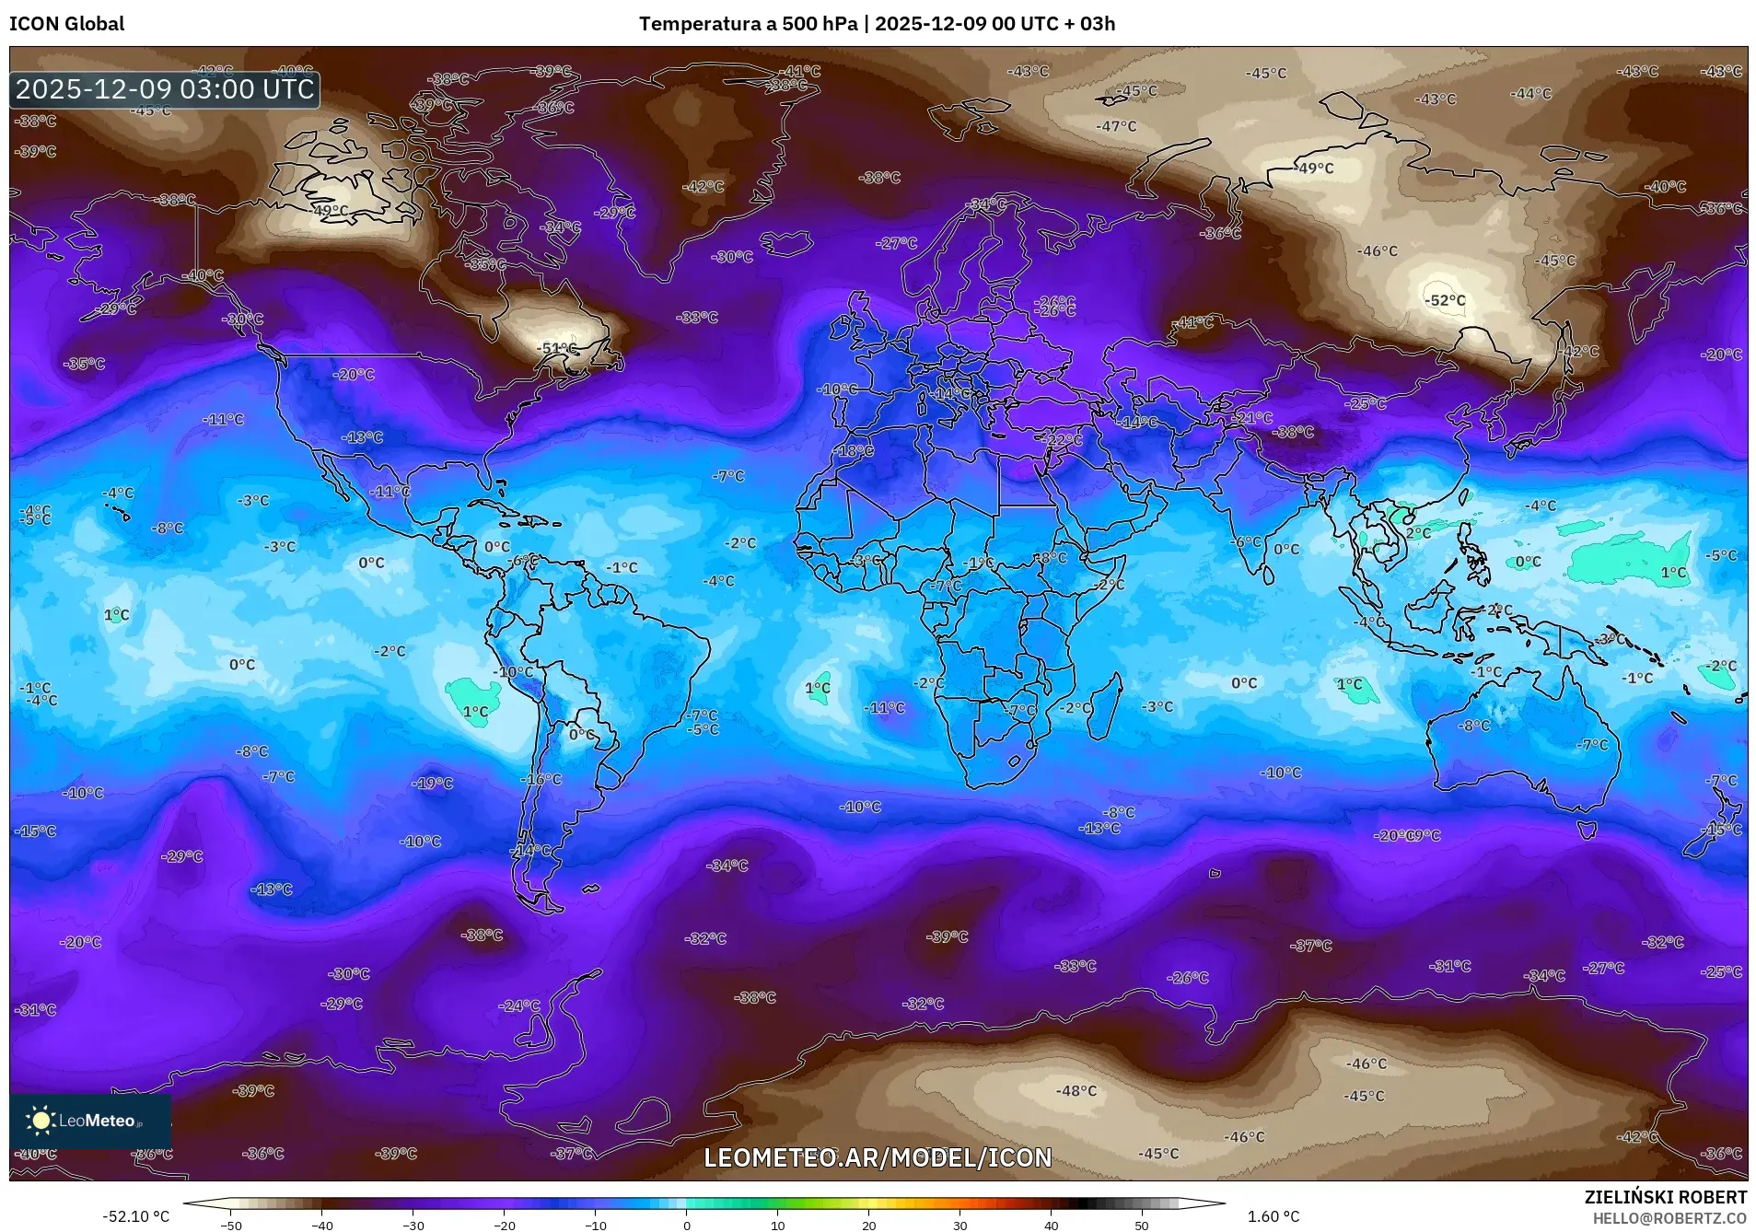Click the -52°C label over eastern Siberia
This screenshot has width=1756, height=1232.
click(1445, 300)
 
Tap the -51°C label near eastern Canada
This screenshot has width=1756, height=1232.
click(558, 349)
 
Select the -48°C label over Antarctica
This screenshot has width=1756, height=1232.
click(1076, 1090)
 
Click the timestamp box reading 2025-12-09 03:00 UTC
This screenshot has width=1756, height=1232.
click(165, 89)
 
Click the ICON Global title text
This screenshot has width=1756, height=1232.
click(66, 24)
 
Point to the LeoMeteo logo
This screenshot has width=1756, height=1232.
click(89, 1121)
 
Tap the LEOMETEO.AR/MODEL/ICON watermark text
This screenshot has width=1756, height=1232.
click(877, 1157)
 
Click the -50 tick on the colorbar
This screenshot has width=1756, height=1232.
click(231, 1225)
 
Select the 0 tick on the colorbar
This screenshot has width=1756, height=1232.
click(687, 1225)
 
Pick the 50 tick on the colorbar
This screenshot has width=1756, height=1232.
click(1142, 1225)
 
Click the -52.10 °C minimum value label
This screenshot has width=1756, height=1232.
click(135, 1216)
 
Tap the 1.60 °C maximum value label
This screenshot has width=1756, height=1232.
click(1273, 1216)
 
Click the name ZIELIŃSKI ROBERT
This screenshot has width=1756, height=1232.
click(1665, 1197)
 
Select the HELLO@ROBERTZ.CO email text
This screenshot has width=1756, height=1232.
click(1669, 1218)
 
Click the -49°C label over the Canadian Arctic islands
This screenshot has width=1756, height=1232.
click(330, 211)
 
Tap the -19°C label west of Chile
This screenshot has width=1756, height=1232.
click(433, 784)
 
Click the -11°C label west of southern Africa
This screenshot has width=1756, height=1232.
click(885, 708)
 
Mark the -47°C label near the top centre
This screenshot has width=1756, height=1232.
click(1116, 126)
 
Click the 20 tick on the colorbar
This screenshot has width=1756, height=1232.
click(868, 1225)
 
